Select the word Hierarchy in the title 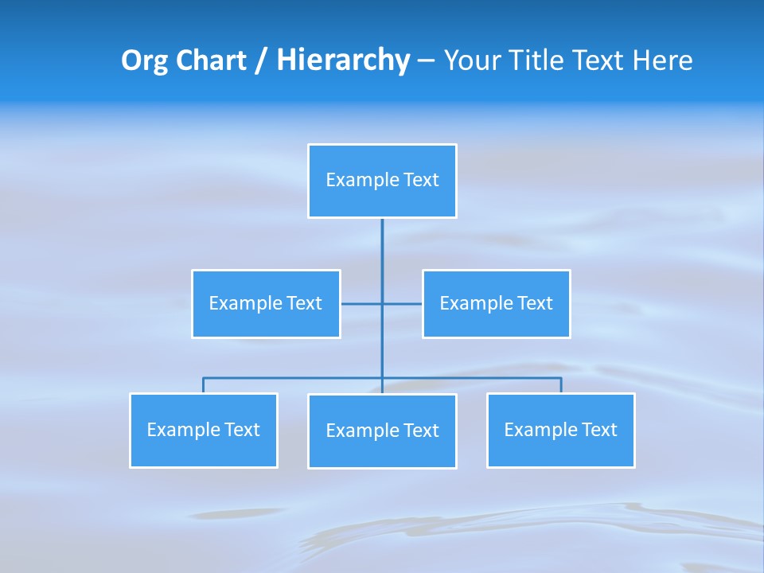(342, 60)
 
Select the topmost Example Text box (382, 181)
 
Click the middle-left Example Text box (266, 304)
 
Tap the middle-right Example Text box (496, 304)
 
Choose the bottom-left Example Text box (203, 431)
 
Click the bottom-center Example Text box (382, 431)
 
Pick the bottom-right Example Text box (560, 431)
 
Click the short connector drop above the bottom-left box (203, 385)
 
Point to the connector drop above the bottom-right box (561, 385)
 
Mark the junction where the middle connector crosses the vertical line (382, 304)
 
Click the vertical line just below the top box (382, 239)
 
